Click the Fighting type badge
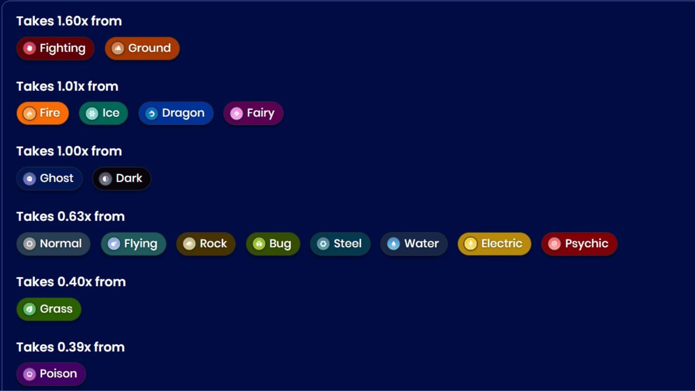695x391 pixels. [55, 48]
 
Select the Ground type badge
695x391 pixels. [142, 48]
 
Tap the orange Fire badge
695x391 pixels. [42, 113]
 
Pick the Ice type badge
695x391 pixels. [103, 113]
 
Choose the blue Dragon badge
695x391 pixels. [176, 113]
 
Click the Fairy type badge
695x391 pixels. [253, 113]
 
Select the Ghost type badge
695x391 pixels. [49, 179]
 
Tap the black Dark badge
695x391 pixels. [121, 179]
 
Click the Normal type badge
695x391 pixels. [53, 244]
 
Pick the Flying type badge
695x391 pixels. [133, 244]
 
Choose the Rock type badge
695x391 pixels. [206, 244]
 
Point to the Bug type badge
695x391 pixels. [273, 244]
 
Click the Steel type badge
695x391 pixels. [340, 244]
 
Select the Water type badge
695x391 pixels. [414, 244]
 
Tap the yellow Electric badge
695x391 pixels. [494, 244]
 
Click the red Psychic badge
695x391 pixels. [579, 244]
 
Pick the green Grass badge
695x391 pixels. [49, 309]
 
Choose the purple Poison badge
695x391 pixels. [51, 374]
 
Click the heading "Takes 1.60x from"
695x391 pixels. [69, 21]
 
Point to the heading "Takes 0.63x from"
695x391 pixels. [70, 217]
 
